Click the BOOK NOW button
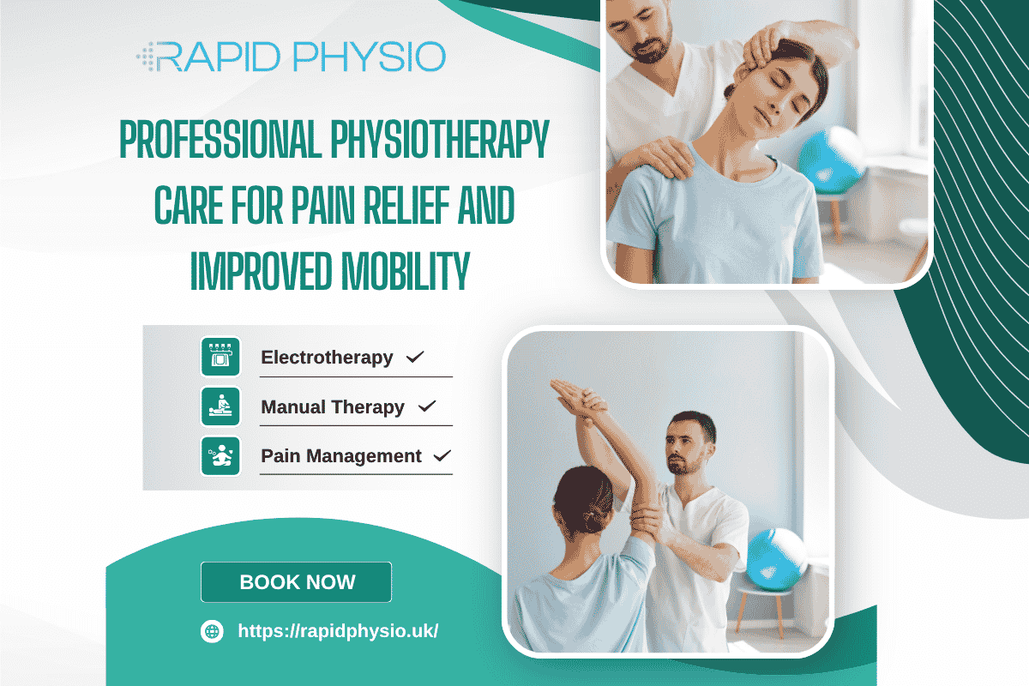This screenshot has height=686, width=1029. tap(296, 582)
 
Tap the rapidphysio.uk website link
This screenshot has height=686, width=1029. tap(338, 631)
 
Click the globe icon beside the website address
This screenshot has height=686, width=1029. tap(212, 631)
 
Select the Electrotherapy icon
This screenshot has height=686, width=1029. tap(220, 357)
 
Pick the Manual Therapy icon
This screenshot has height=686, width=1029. tap(220, 406)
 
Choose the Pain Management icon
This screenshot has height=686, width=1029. tap(220, 456)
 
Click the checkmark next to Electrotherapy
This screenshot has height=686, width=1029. tap(415, 357)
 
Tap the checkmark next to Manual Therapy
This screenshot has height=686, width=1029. tap(426, 406)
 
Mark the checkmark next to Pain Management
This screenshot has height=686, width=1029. tap(442, 456)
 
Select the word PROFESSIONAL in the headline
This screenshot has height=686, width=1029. tap(219, 141)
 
